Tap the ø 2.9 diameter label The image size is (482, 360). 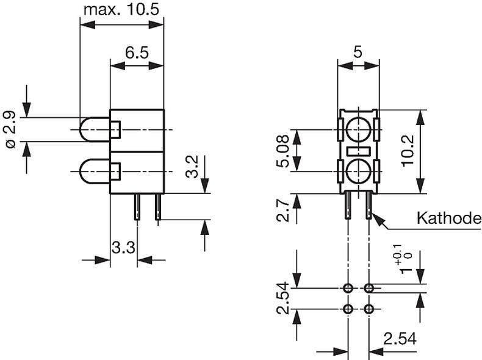10,129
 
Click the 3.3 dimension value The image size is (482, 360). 123,248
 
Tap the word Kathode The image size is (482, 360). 448,218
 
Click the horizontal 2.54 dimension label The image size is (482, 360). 400,339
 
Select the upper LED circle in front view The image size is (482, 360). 358,129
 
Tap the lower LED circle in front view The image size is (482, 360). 358,172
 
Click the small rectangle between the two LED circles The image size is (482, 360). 358,151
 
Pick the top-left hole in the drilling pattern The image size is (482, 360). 348,287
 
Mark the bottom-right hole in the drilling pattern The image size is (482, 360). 369,309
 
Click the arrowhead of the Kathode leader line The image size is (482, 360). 375,217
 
